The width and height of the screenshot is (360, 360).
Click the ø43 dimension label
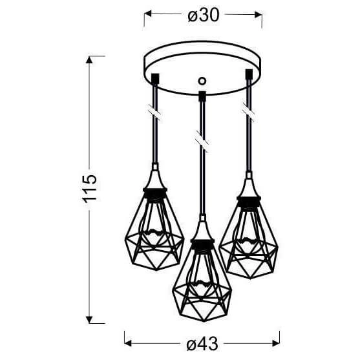(202, 338)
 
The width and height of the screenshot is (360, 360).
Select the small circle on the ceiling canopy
(202, 81)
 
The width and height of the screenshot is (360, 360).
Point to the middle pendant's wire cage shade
(201, 277)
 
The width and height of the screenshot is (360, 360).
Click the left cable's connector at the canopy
(155, 80)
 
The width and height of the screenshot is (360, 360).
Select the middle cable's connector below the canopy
(202, 96)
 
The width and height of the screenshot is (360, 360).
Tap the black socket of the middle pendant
(201, 244)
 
